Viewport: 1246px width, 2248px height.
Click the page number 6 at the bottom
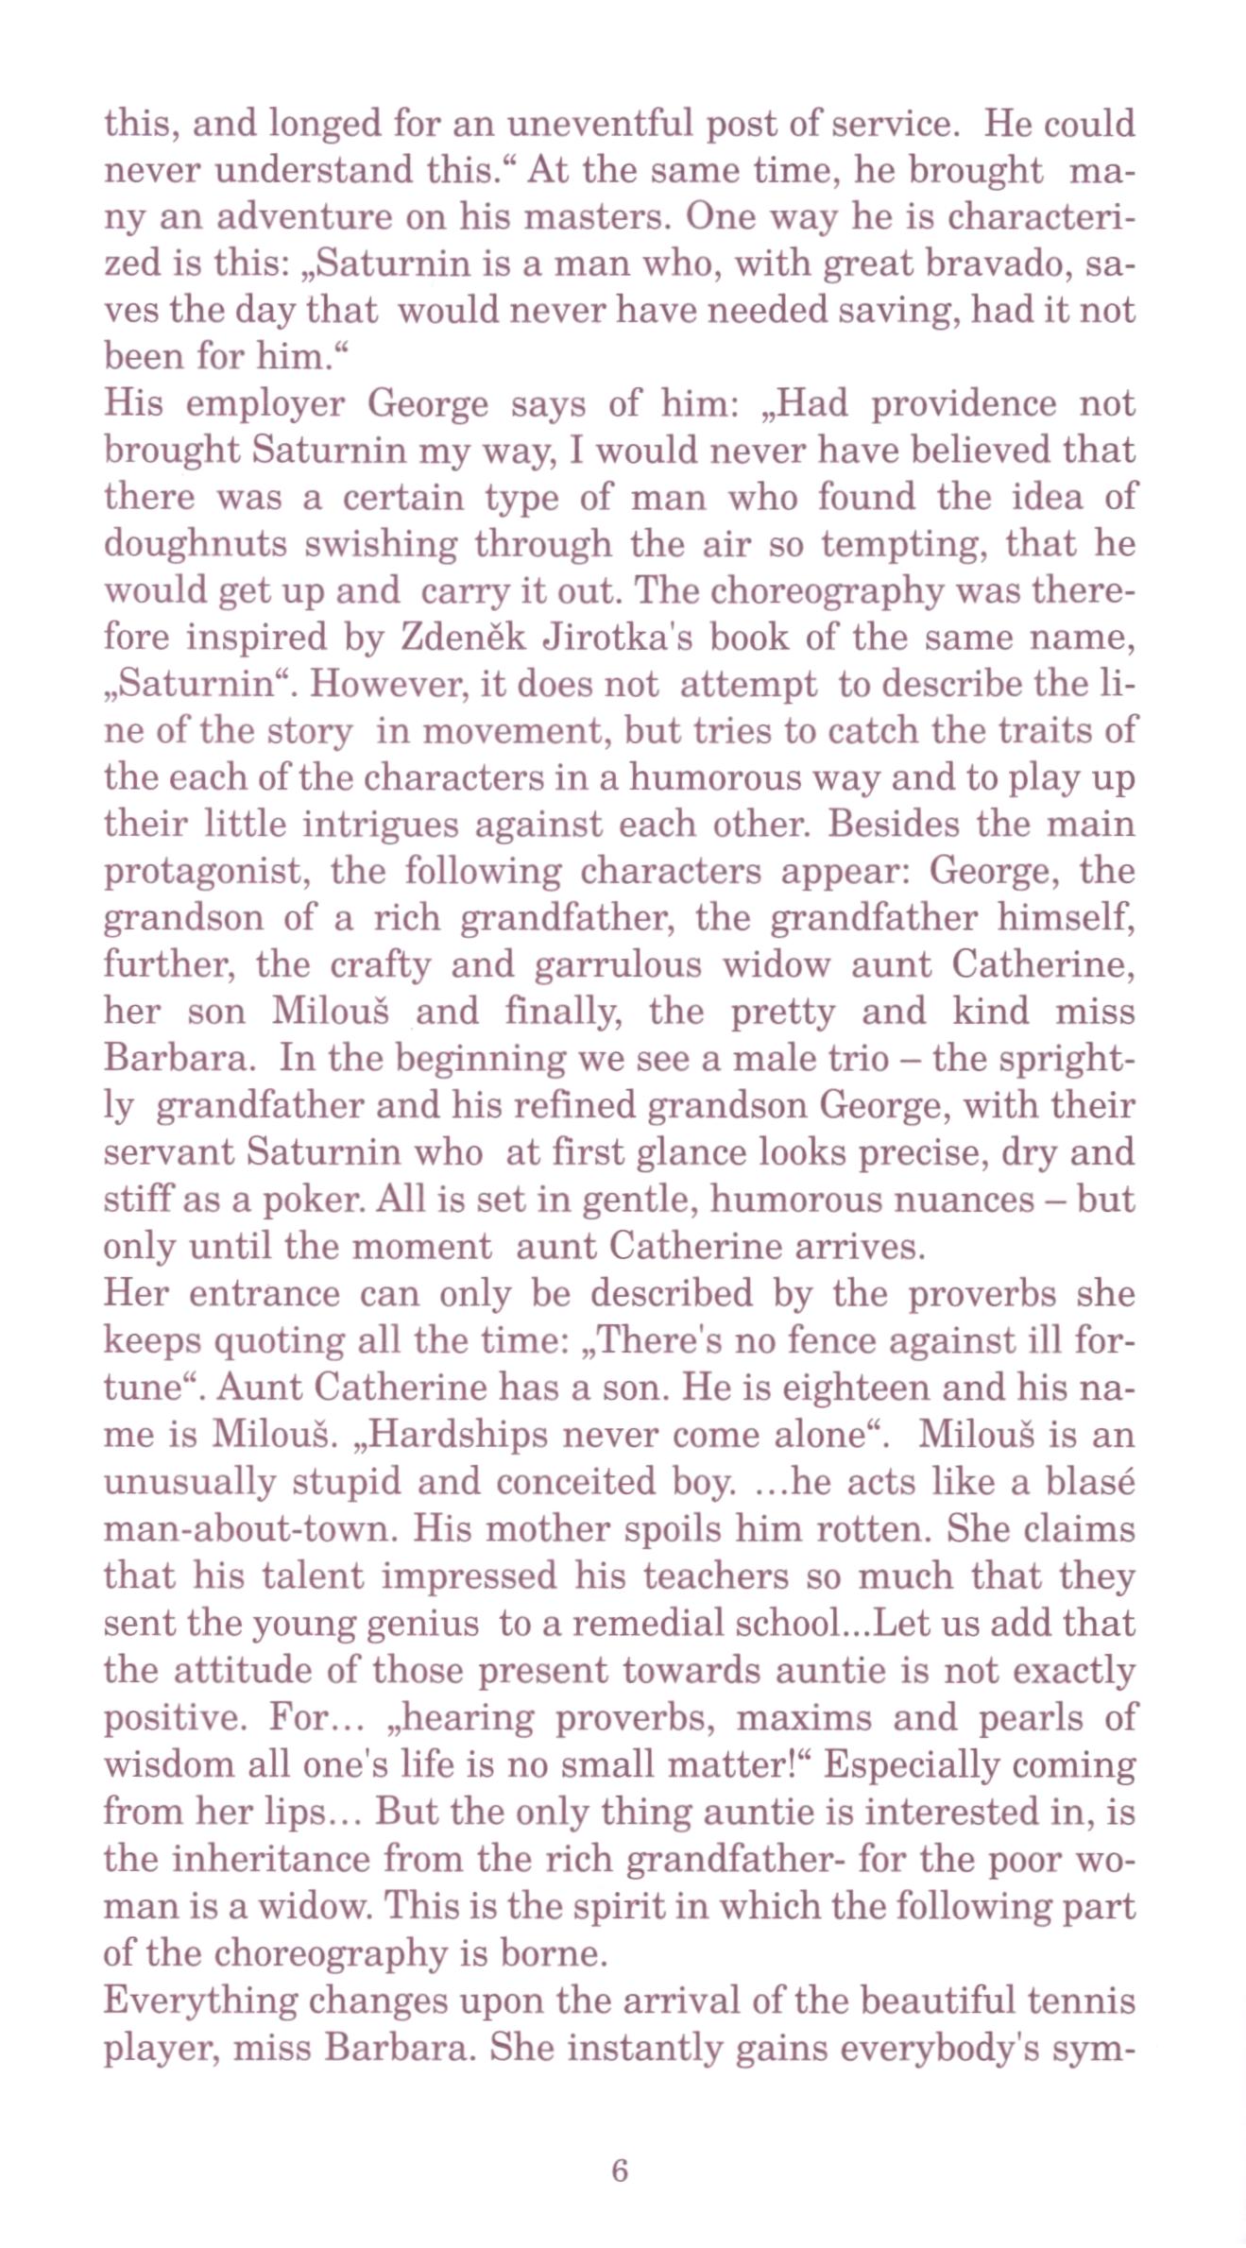[620, 2171]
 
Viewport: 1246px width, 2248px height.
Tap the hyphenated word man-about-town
[247, 1528]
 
